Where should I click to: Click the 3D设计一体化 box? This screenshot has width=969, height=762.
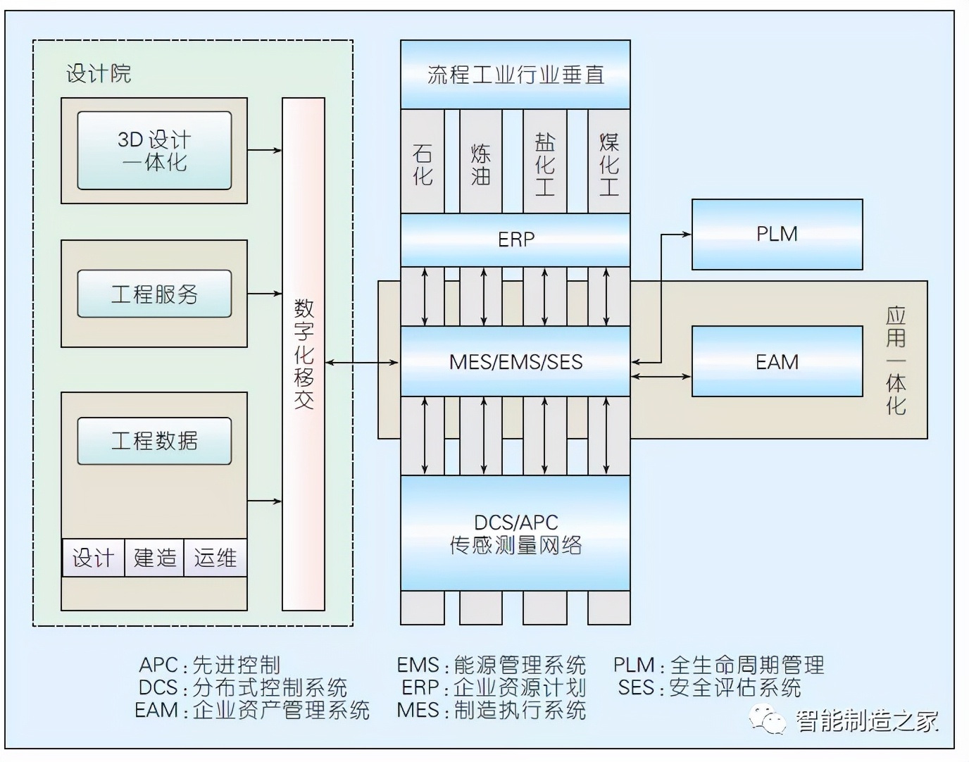(154, 151)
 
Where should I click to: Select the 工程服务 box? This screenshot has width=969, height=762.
(154, 294)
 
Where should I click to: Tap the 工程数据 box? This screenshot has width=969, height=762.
(154, 441)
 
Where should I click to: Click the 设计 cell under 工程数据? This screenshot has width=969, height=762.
(93, 558)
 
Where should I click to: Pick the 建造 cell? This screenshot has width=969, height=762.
(155, 558)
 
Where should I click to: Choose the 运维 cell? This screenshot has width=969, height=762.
(215, 558)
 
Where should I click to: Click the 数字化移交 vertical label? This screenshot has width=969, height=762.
(304, 354)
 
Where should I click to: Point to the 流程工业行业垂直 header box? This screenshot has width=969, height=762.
(515, 75)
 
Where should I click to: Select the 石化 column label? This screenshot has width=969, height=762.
(423, 164)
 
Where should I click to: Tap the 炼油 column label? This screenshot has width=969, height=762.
(481, 164)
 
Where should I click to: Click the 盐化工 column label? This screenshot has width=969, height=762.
(545, 164)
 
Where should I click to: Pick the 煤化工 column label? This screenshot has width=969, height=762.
(609, 164)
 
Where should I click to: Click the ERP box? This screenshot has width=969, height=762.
(515, 239)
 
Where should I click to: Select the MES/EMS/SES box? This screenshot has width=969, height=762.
(515, 361)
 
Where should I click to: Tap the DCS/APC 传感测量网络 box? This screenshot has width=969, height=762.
(515, 533)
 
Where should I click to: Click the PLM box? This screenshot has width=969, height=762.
(777, 234)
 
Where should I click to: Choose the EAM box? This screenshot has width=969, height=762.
(777, 361)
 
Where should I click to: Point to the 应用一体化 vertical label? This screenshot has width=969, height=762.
(895, 360)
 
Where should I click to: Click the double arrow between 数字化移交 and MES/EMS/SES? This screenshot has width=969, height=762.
(362, 363)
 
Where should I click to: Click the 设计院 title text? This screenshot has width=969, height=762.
(99, 73)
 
